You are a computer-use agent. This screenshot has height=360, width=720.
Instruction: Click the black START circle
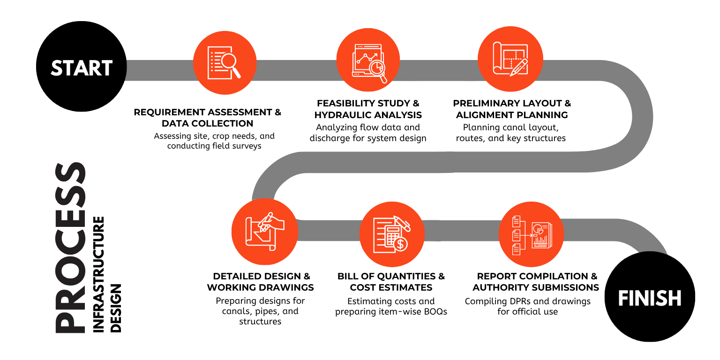[x=81, y=67]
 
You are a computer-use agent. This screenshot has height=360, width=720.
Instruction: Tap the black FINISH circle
[x=650, y=296]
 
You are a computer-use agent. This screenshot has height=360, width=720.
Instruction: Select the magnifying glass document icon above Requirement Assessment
[x=224, y=63]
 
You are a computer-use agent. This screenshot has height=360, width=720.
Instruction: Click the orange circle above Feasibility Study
[x=368, y=60]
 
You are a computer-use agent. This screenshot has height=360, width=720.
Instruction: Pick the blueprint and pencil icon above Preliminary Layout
[x=510, y=59]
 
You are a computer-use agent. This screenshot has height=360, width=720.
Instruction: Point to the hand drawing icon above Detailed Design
[x=265, y=232]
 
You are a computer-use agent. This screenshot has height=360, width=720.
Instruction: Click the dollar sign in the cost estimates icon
[x=400, y=244]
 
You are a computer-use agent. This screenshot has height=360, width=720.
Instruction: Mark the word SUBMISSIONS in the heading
[x=567, y=287]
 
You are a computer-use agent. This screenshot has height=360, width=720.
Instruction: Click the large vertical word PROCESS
[x=70, y=247]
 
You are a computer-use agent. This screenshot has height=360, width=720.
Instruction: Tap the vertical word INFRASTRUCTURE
[x=99, y=274]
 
